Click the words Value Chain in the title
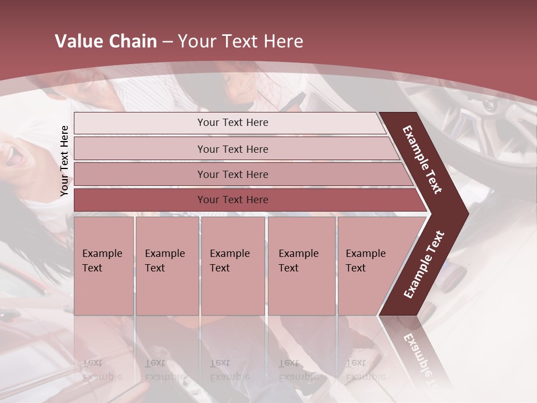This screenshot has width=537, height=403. [x=106, y=41]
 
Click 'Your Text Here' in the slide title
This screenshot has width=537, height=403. [x=241, y=41]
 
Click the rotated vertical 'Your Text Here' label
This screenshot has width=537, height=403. [x=64, y=161]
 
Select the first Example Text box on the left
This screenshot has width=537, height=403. [x=103, y=266]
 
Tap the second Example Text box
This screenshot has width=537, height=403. [x=167, y=266]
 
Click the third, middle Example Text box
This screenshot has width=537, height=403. [x=233, y=266]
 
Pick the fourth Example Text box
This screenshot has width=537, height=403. [x=301, y=266]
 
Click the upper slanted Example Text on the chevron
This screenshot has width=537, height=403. [x=422, y=160]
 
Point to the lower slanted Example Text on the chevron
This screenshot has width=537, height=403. [x=424, y=264]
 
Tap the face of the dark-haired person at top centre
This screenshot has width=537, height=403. [x=239, y=90]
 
